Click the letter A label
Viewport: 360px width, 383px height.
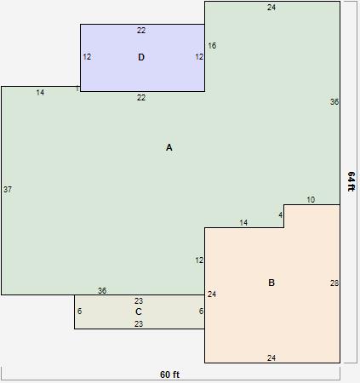coord(169,148)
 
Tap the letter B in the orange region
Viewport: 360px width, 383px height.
coord(271,283)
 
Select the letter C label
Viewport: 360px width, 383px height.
coord(139,312)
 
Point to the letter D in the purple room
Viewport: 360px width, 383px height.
coord(141,57)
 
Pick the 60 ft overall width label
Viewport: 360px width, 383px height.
coord(170,374)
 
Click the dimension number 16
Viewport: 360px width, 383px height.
coord(212,46)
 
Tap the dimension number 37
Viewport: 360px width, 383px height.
coord(8,189)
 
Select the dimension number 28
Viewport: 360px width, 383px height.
coord(334,283)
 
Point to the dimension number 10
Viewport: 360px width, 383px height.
coord(311,200)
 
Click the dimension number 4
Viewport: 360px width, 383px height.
coord(280,214)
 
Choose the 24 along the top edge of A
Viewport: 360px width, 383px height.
coord(271,8)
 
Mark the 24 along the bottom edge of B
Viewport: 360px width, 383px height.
coord(271,358)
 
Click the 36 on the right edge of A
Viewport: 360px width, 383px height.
coord(334,102)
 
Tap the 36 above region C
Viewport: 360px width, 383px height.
coord(102,291)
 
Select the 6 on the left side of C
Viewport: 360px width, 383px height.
coord(79,312)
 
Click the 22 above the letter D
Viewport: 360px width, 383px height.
coord(141,31)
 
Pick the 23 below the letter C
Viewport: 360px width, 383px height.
coord(139,324)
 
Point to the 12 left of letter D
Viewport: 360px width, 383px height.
coord(87,57)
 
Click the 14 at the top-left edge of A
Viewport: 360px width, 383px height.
coord(40,93)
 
